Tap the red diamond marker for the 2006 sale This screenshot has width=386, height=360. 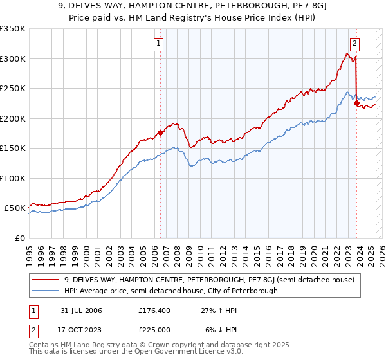[x=160, y=132]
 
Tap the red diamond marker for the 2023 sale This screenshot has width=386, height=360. [x=356, y=104]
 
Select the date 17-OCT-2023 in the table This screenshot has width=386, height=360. [x=80, y=329]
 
